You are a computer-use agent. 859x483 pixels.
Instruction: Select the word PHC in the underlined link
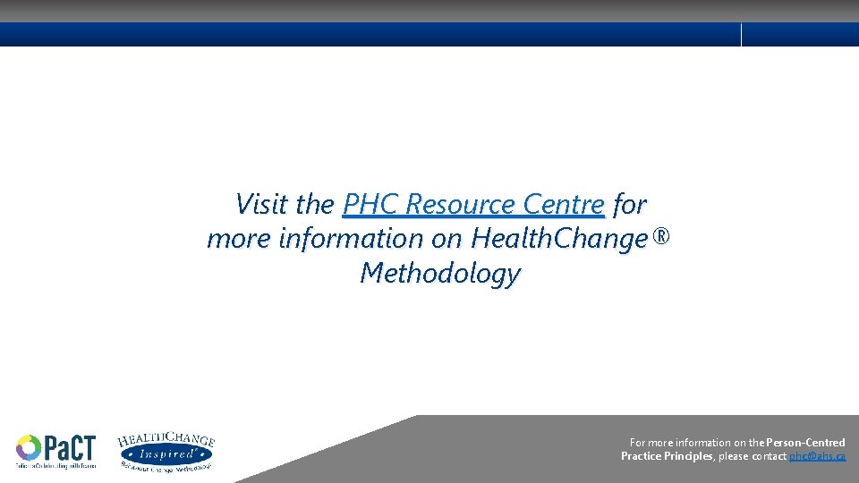click(370, 205)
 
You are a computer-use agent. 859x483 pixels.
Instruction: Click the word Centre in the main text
click(564, 205)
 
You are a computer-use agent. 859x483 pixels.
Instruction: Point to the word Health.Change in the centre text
click(558, 239)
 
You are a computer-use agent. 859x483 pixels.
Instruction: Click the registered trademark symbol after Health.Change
click(661, 238)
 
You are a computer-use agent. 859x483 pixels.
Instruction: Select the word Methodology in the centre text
click(439, 273)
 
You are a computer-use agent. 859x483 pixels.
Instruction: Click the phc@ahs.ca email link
click(817, 456)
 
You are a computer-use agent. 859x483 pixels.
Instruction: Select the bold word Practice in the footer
click(642, 456)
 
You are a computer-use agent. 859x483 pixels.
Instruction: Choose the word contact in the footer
click(770, 456)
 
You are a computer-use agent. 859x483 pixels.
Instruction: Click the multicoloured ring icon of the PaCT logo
click(28, 447)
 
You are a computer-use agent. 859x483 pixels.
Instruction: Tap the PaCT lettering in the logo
click(68, 447)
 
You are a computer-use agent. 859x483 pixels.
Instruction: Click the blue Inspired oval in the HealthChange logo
click(166, 454)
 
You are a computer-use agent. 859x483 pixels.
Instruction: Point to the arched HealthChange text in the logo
click(166, 439)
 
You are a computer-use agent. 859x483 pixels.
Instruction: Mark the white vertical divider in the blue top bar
click(742, 35)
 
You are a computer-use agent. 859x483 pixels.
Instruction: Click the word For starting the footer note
click(638, 443)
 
